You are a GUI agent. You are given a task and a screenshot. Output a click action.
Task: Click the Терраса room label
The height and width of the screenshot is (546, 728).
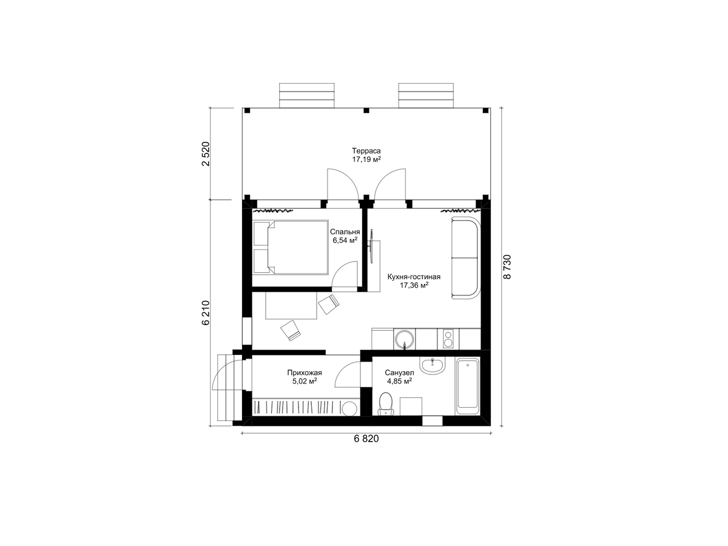point(366,151)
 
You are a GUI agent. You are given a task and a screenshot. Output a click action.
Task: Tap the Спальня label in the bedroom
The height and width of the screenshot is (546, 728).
point(345,232)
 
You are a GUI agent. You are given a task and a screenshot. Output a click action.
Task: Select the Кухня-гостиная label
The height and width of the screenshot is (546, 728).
point(414,277)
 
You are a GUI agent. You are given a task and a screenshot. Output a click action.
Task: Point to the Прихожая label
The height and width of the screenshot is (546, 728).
point(305,372)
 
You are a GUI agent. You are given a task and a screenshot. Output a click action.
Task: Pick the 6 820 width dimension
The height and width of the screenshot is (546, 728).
point(366,439)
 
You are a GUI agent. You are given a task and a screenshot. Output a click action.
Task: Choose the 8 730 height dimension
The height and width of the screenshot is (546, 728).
point(507,267)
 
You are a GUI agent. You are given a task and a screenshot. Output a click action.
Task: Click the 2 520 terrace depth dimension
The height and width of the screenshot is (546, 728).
point(206,153)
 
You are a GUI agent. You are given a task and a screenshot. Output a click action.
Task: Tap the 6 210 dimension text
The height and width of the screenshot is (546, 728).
point(206,313)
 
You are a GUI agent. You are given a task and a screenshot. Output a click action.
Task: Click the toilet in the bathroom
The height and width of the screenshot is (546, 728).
point(385,404)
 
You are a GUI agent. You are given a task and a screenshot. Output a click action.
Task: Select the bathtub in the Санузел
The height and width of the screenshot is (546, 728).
point(468,386)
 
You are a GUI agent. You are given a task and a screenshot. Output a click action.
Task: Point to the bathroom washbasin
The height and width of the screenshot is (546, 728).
point(432,366)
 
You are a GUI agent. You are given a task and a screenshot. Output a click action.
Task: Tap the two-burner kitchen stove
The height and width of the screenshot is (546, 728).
point(448,339)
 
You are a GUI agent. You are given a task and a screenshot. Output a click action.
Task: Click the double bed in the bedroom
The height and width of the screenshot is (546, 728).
point(291,248)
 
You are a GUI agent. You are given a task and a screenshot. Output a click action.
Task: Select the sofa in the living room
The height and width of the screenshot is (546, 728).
point(465,258)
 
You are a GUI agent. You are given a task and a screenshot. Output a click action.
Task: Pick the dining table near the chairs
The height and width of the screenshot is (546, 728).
point(291,305)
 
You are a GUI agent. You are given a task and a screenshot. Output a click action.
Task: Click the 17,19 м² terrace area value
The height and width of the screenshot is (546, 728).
point(366,160)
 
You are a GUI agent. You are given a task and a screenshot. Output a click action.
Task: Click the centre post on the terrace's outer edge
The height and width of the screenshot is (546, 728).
point(366,110)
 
